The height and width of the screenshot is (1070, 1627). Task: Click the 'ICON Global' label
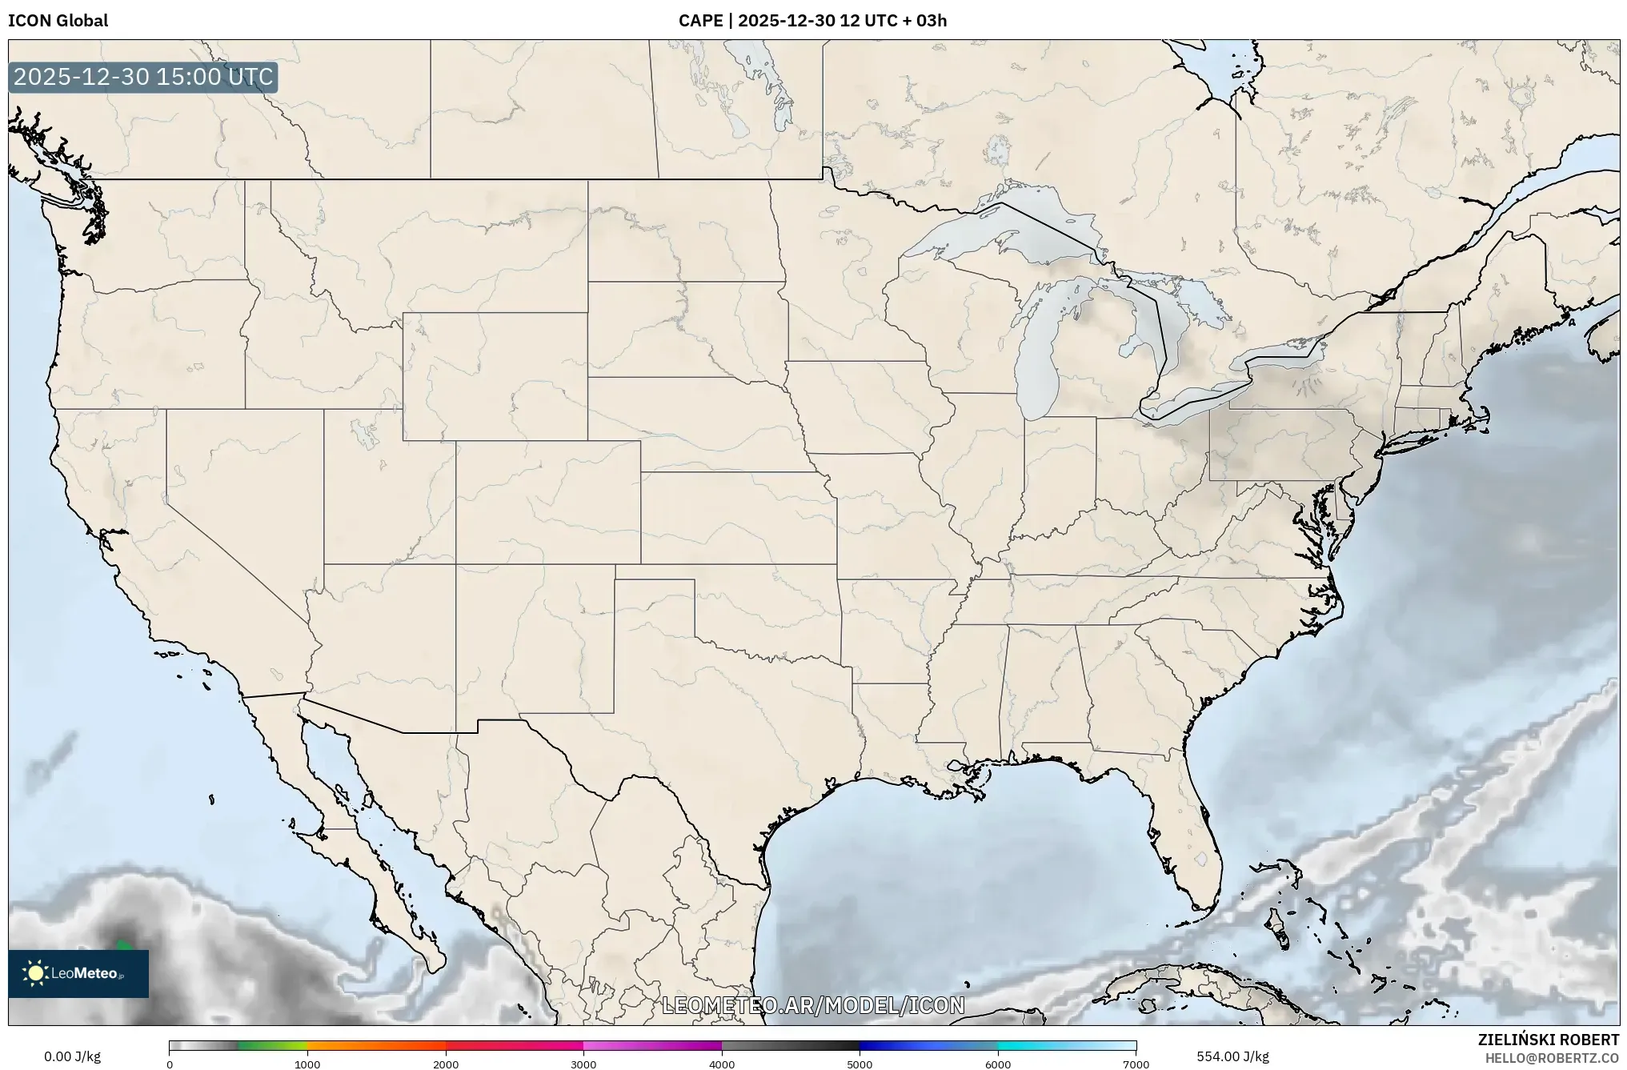click(58, 21)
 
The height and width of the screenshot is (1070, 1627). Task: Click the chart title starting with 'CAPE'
click(812, 21)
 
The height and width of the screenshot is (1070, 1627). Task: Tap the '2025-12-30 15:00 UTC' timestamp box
click(143, 77)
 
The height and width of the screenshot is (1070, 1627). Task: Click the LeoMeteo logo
click(78, 973)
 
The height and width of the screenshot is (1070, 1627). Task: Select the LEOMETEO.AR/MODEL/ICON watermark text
click(813, 1005)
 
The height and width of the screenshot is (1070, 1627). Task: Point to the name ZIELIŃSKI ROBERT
click(1548, 1040)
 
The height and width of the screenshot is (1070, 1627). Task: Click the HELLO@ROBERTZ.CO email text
click(1552, 1058)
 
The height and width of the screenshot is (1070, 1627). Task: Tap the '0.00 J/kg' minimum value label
click(72, 1056)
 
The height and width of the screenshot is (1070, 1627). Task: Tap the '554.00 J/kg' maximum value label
click(1232, 1056)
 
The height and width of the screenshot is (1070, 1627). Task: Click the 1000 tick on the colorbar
click(307, 1064)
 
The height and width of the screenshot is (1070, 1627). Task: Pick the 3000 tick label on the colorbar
click(583, 1064)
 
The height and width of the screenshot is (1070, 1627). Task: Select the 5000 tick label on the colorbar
click(860, 1064)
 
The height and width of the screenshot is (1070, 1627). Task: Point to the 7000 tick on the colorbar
click(1136, 1064)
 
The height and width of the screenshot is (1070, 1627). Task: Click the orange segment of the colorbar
click(376, 1045)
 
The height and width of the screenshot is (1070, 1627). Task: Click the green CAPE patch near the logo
click(122, 945)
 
